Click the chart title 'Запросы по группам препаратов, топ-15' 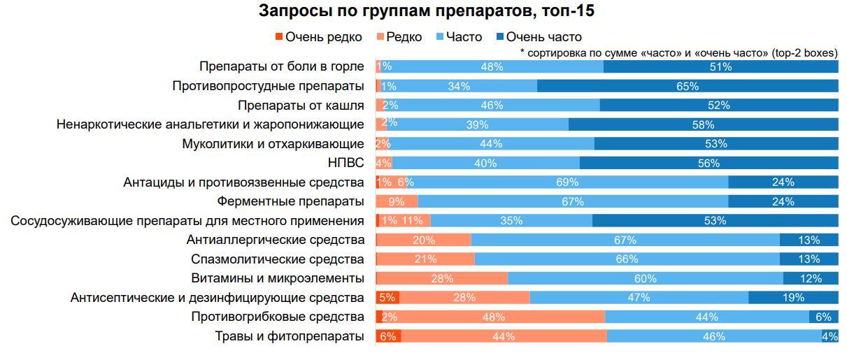[x=427, y=11]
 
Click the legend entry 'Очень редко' [x=318, y=37]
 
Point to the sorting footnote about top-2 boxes [x=678, y=52]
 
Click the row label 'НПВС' [x=347, y=163]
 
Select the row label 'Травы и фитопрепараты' [x=290, y=336]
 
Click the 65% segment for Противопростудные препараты [x=688, y=86]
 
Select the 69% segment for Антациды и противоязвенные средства [x=567, y=182]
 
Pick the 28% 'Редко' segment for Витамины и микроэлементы [x=443, y=278]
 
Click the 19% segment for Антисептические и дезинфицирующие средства [x=793, y=298]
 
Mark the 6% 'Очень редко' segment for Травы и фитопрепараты [x=388, y=336]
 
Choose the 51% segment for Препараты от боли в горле [x=720, y=67]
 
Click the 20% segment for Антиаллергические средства [x=424, y=240]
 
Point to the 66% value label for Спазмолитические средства [x=627, y=259]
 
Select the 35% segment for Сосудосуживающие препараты [x=511, y=221]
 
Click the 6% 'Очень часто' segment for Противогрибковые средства [x=823, y=317]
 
